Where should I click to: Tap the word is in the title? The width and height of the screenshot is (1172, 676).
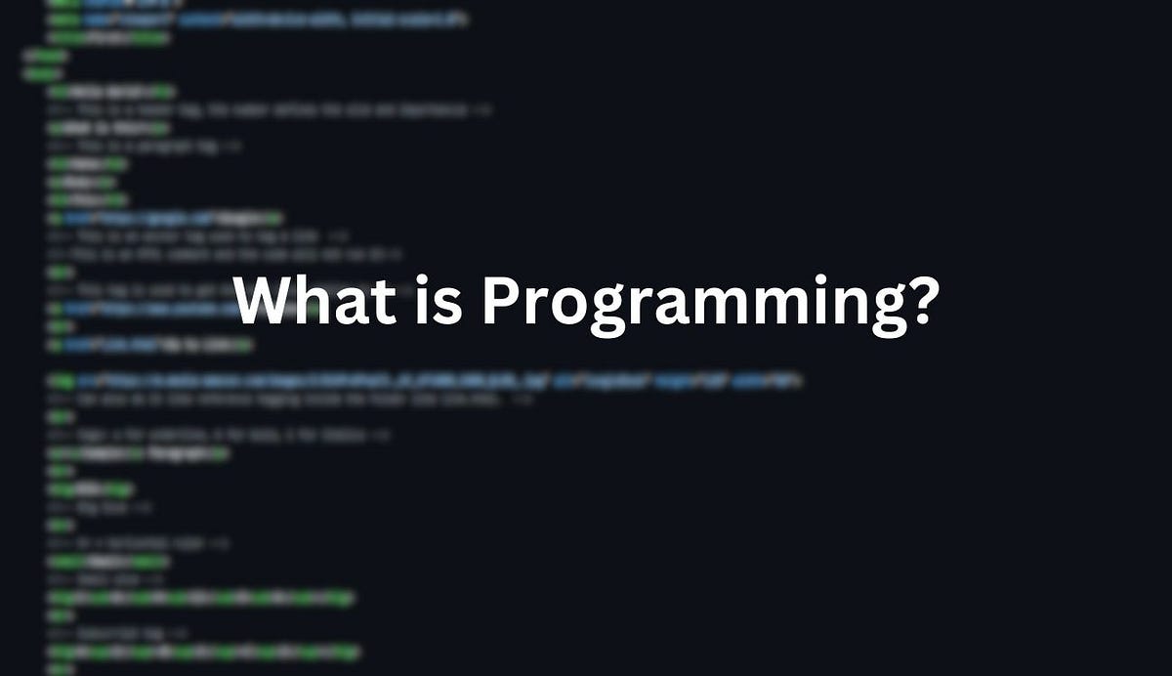click(x=439, y=303)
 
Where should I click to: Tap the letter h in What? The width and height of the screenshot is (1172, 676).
click(x=314, y=303)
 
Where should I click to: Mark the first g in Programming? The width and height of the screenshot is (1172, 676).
click(x=611, y=315)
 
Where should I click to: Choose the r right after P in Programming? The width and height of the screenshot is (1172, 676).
click(x=537, y=310)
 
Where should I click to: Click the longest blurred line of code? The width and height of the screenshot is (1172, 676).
click(x=425, y=380)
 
